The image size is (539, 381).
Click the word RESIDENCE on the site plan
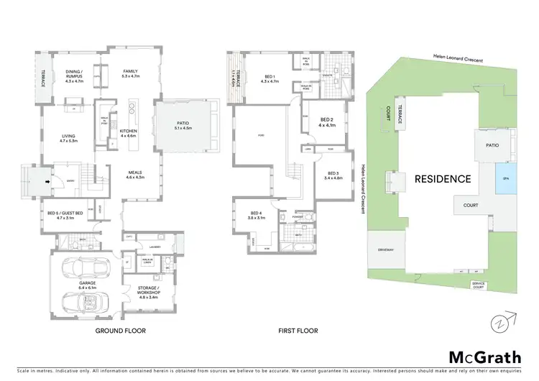click(442, 178)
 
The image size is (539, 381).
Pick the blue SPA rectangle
click(505, 179)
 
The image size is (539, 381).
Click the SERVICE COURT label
click(479, 285)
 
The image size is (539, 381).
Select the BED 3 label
click(333, 176)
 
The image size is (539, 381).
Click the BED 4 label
click(255, 215)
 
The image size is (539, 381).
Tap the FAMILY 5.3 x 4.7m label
click(130, 73)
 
